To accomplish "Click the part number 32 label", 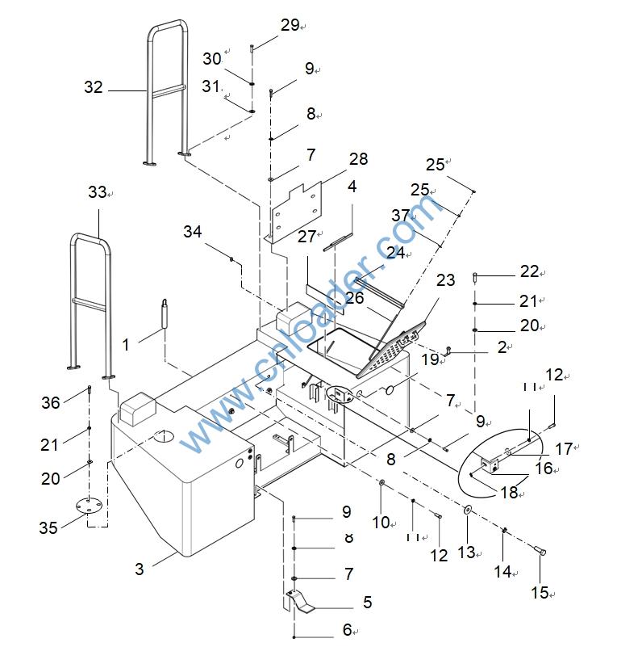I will coord(94,87).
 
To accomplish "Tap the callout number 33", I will coord(97,193).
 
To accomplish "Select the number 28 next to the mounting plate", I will coord(357,160).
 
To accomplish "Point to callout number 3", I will coord(140,569).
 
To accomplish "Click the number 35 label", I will coord(48,527).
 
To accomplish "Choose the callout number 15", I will coord(540,593).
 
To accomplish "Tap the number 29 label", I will coord(290,26).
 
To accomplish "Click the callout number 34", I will coord(192,233).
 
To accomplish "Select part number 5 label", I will coord(368,602).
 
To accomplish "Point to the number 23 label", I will coord(445,280).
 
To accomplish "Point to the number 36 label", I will coord(51,403).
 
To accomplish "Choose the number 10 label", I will coord(381,522).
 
